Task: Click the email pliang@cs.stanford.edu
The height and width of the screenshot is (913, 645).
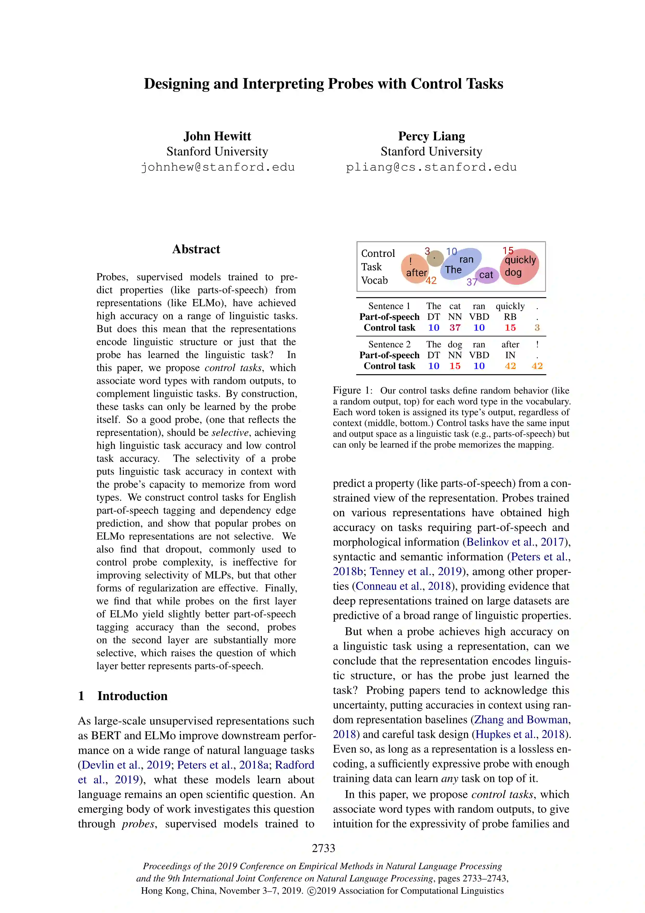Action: (x=431, y=167)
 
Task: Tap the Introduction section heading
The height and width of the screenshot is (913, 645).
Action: (x=132, y=696)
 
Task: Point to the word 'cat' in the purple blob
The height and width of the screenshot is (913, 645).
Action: (x=486, y=275)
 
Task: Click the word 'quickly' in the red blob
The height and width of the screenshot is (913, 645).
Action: (x=520, y=260)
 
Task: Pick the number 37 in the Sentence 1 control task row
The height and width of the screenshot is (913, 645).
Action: (x=455, y=328)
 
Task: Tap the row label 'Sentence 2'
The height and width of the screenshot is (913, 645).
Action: (x=389, y=344)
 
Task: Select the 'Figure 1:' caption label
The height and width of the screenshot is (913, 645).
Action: (x=352, y=390)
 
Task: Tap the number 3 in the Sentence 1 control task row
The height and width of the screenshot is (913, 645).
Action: (x=537, y=328)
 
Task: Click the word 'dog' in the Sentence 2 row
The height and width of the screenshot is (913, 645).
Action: (x=455, y=344)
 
